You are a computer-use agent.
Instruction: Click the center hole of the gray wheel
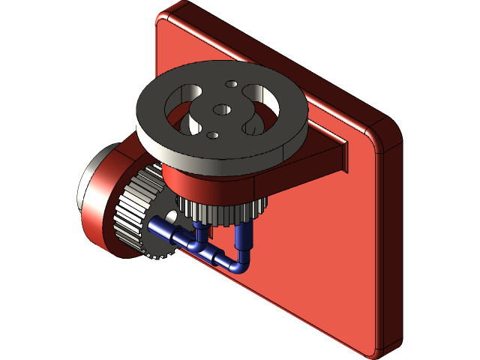tap(221, 109)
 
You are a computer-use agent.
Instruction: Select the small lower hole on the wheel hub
tap(212, 136)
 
